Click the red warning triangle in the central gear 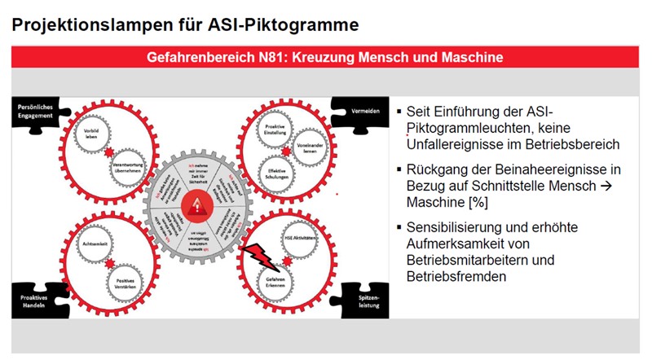pos(196,207)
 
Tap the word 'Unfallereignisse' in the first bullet pos(456,144)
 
